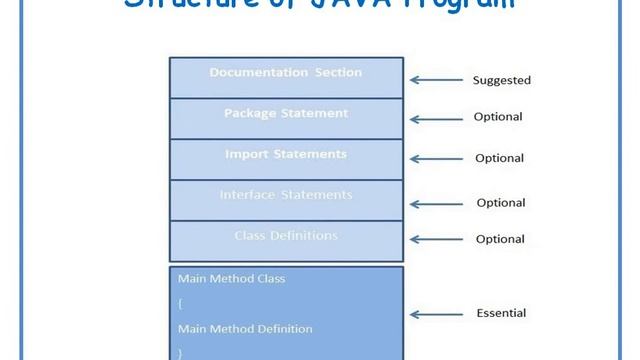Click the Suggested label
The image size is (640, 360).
(501, 80)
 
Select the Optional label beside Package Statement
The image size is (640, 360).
(498, 117)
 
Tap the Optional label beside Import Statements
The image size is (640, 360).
(499, 158)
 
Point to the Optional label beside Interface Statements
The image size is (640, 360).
(500, 203)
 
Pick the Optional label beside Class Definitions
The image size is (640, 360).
(499, 239)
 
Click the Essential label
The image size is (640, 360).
(500, 314)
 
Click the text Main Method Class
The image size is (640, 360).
(231, 279)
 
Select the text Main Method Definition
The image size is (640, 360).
(245, 328)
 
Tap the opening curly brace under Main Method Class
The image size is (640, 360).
(181, 304)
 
